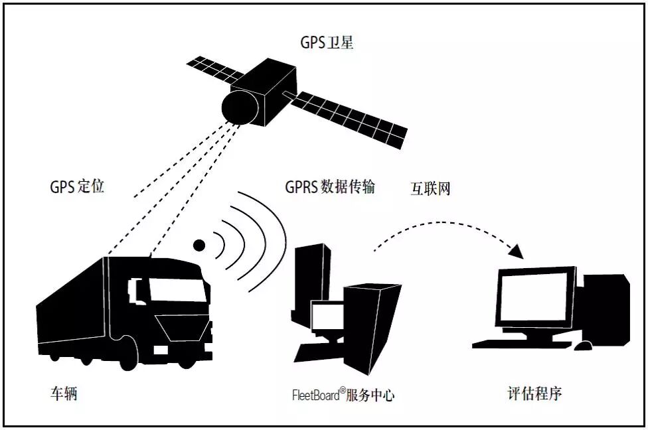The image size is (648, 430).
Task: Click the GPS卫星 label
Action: [x=327, y=44]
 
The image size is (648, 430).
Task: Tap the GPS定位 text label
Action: [x=77, y=186]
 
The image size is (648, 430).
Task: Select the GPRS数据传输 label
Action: [x=330, y=186]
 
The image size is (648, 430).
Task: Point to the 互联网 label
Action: [x=430, y=188]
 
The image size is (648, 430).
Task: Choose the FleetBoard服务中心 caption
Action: [x=343, y=395]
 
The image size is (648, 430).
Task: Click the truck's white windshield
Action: [x=174, y=289]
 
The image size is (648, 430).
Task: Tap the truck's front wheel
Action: [x=127, y=358]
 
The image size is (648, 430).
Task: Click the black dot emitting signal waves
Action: [x=199, y=245]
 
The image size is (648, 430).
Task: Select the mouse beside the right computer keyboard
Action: [x=584, y=346]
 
